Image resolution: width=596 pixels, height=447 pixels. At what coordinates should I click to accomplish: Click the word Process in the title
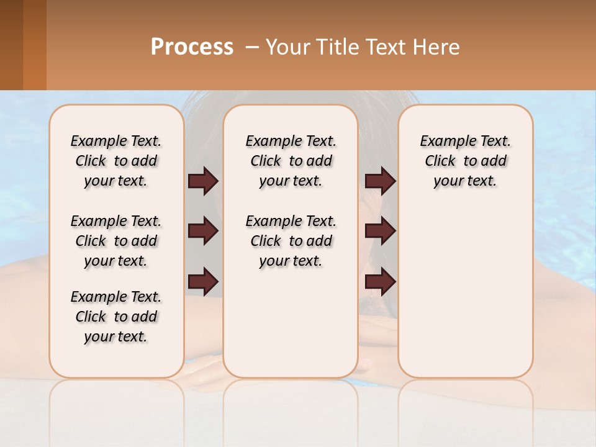(x=192, y=47)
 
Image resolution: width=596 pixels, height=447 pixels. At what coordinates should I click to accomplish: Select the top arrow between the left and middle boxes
(x=203, y=181)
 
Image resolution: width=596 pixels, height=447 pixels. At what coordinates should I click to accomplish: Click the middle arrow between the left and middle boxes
(x=203, y=232)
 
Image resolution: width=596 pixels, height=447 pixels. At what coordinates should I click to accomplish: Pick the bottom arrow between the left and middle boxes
(x=203, y=282)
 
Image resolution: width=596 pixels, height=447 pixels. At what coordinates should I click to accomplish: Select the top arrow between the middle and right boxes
(x=380, y=181)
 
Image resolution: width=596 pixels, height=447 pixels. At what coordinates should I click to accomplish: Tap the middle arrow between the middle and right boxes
(x=380, y=232)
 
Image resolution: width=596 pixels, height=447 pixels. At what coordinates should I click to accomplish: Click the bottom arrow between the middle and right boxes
(x=380, y=282)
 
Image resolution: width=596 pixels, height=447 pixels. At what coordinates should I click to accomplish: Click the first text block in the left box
(x=116, y=161)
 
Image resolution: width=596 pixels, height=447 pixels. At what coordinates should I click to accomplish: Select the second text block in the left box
(x=116, y=241)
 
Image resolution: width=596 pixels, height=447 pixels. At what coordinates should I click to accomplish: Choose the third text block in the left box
(x=116, y=317)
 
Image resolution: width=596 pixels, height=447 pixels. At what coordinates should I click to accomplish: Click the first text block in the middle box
(x=291, y=161)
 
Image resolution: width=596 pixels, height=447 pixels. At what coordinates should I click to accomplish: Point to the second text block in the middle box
(x=291, y=241)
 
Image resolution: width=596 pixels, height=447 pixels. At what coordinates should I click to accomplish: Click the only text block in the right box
(x=466, y=161)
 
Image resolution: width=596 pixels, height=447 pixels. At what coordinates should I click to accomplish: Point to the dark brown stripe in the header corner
(x=11, y=45)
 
